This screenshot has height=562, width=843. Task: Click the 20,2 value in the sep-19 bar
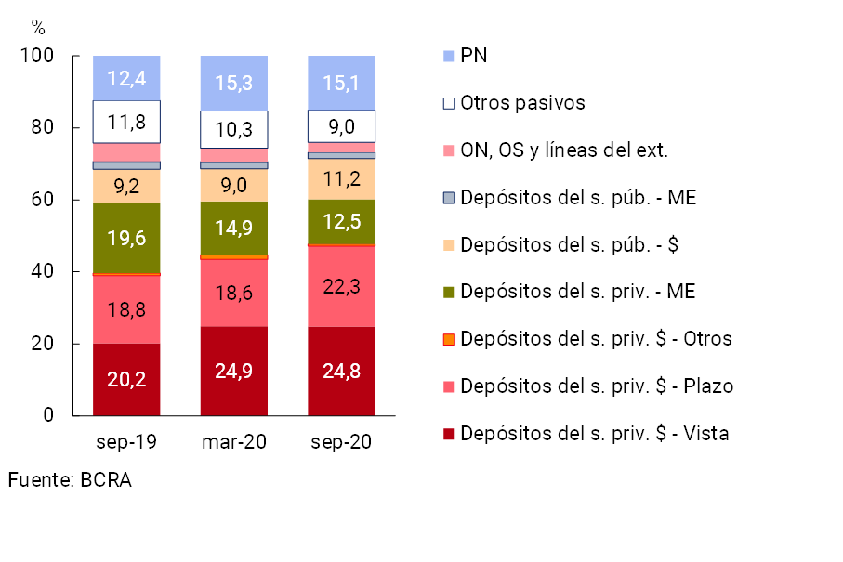(x=126, y=379)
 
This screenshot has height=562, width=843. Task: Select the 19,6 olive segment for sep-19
(x=126, y=238)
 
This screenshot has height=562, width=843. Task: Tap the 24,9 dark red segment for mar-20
(x=234, y=371)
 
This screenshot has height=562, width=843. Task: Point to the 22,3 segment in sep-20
(x=341, y=286)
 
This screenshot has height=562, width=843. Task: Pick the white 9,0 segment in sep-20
(x=341, y=125)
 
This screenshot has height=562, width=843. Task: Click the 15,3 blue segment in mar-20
(x=234, y=83)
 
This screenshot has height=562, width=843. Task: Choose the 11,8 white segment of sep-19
(x=126, y=122)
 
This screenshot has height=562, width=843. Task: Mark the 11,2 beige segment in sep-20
(x=341, y=178)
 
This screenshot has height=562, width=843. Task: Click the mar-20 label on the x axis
(x=234, y=442)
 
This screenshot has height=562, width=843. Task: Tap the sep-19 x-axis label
(x=126, y=442)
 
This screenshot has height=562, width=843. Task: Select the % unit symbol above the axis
(x=37, y=26)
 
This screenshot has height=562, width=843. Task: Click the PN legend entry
(x=474, y=56)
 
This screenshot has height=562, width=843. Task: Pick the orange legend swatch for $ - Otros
(x=450, y=339)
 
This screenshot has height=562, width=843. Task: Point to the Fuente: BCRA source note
(x=70, y=480)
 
